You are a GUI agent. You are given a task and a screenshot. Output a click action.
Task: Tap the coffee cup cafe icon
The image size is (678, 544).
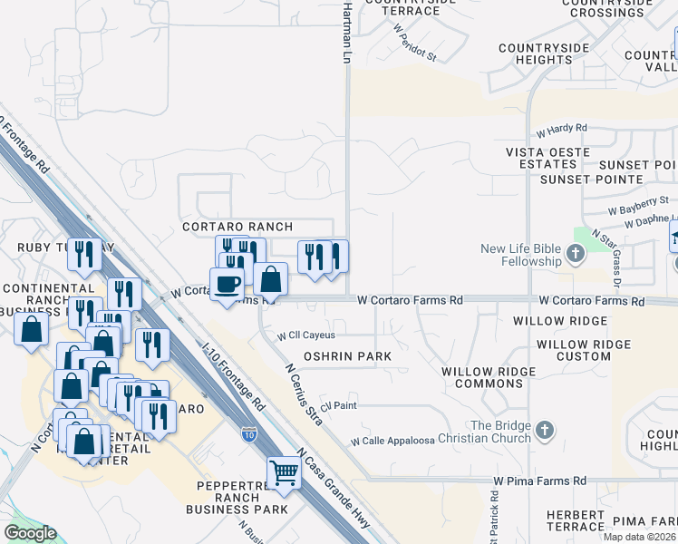click(228, 284)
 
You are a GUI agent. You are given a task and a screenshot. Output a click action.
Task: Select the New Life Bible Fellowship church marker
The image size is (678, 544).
click(576, 255)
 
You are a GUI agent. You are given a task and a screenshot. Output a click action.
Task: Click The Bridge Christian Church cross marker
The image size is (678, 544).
click(544, 432)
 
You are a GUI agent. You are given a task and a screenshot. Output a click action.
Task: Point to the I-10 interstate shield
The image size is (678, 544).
click(249, 435)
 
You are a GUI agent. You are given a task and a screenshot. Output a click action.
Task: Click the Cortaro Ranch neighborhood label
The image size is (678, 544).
click(237, 227)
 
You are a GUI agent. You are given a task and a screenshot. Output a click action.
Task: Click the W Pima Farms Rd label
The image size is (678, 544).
click(539, 480)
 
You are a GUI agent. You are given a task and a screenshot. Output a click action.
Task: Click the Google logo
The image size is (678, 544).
click(30, 533)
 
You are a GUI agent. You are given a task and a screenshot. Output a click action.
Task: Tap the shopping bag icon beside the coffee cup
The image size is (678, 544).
click(270, 279)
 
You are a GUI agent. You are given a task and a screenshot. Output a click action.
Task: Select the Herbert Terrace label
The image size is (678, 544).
click(576, 520)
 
